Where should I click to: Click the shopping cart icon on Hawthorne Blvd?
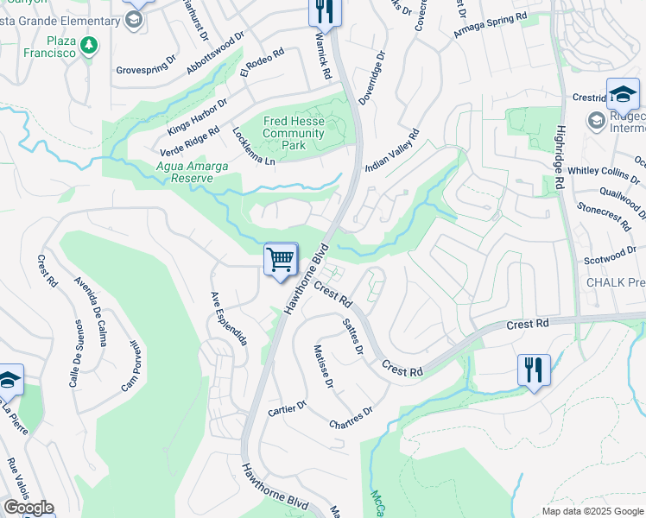281,259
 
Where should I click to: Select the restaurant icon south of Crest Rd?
534,370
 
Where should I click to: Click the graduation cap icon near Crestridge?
623,93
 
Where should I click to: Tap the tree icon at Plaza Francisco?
87,44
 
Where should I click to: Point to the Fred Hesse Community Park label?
294,134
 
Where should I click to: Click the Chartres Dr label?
350,417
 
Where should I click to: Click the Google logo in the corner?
28,508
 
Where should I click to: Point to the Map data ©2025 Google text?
592,511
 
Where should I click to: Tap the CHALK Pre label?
615,282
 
